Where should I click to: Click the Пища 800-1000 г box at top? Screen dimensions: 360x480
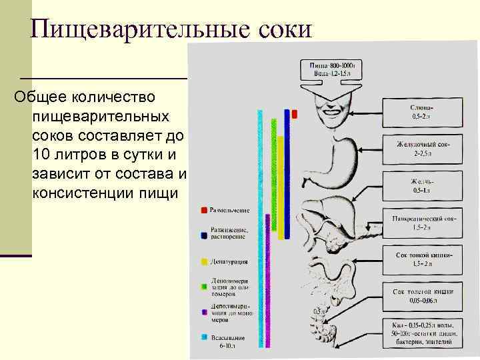coord(335,69)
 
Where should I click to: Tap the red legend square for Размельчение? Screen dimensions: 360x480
coord(203,211)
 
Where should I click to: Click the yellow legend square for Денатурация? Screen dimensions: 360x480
coord(203,261)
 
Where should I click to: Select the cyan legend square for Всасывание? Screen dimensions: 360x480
coord(203,335)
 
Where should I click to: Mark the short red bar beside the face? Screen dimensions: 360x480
coord(294,114)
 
